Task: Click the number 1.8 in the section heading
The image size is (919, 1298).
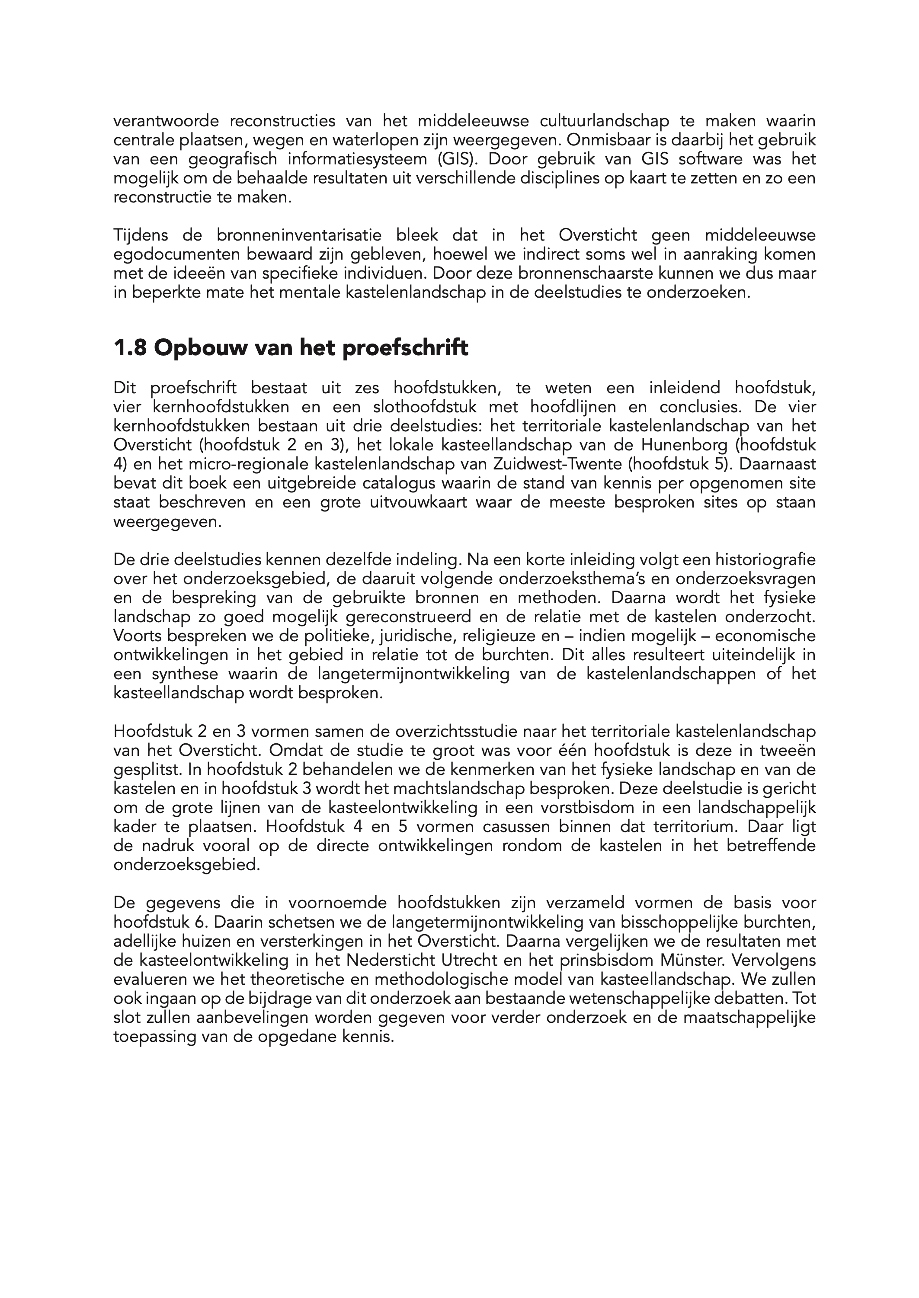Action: coord(130,348)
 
